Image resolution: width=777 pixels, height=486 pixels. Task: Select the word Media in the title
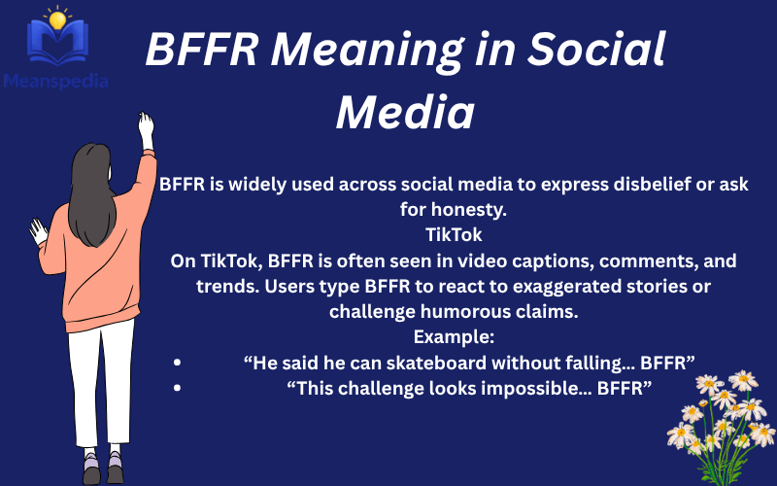coord(404,113)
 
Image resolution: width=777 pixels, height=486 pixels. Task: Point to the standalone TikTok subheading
coord(454,234)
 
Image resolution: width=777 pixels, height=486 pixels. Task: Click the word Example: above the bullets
coord(454,336)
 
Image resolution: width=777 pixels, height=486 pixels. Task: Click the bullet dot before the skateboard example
coord(177,363)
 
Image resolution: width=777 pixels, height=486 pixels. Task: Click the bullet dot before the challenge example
coord(177,388)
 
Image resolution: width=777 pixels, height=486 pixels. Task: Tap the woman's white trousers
coord(103,379)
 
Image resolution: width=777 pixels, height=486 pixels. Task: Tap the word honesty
coord(468,209)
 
